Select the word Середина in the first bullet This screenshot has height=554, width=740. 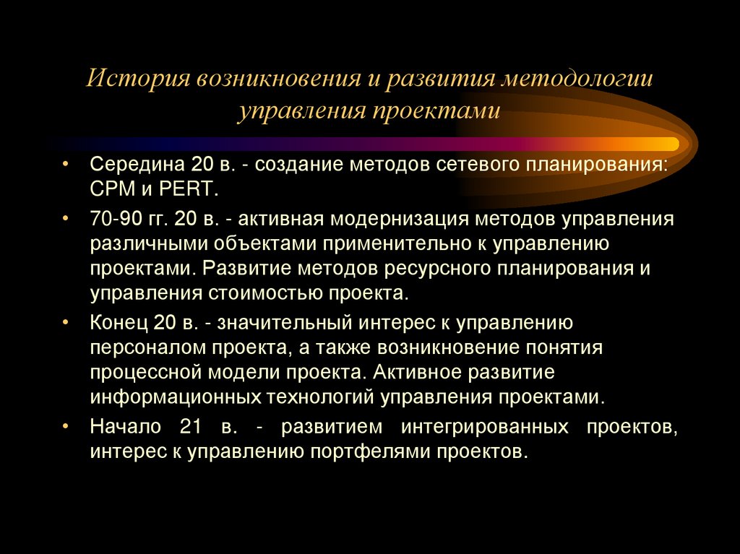128,164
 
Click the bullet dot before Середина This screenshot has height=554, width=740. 66,164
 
